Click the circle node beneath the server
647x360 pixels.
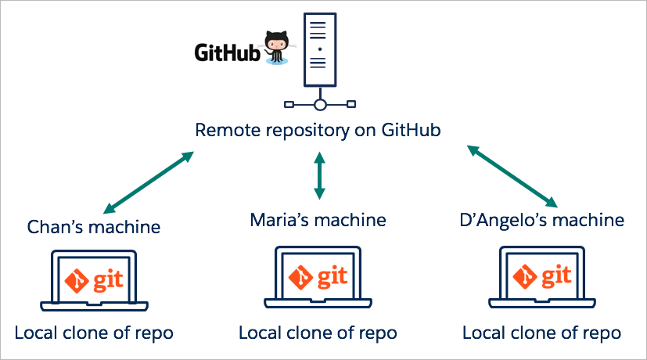click(318, 104)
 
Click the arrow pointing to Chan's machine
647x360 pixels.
click(148, 182)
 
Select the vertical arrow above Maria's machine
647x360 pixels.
click(318, 175)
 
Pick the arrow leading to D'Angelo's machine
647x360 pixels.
click(512, 175)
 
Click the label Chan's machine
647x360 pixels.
click(94, 227)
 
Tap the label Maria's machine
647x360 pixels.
click(318, 220)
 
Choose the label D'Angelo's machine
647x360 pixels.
click(542, 220)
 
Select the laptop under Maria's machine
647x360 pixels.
click(318, 277)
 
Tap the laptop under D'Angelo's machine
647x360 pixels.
click(541, 277)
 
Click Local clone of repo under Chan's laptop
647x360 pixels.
click(94, 333)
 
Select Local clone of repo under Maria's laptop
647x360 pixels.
click(318, 333)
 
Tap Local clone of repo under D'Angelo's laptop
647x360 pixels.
click(542, 333)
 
